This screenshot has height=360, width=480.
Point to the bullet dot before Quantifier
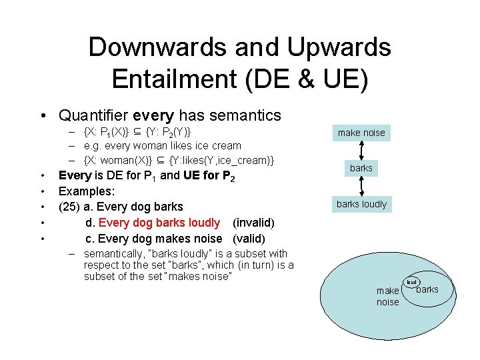(42, 116)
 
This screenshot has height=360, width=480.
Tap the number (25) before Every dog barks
(71, 207)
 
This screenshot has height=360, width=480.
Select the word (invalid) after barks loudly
(253, 222)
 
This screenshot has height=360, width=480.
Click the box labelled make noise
(361, 133)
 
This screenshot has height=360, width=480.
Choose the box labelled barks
(361, 168)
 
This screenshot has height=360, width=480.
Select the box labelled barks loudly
(361, 204)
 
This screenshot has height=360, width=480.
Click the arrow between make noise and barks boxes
(361, 150)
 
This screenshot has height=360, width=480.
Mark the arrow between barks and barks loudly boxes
(361, 186)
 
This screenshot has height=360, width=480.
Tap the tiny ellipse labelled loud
(411, 282)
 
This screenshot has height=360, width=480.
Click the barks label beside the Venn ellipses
(427, 289)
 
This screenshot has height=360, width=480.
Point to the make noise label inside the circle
(387, 297)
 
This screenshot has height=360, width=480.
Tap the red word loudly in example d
(203, 222)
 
